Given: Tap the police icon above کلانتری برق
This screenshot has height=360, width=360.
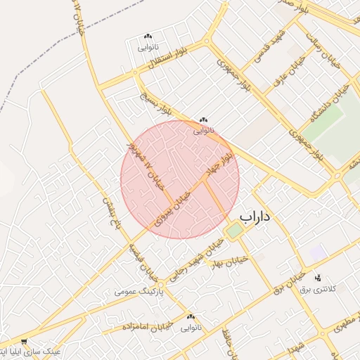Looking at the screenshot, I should pyautogui.click(x=318, y=278).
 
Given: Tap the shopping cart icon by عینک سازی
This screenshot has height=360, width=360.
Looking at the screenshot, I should pyautogui.click(x=25, y=341).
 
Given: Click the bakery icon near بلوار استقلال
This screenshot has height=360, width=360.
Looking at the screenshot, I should pyautogui.click(x=148, y=37).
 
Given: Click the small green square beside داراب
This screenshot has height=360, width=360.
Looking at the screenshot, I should pyautogui.click(x=234, y=231).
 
